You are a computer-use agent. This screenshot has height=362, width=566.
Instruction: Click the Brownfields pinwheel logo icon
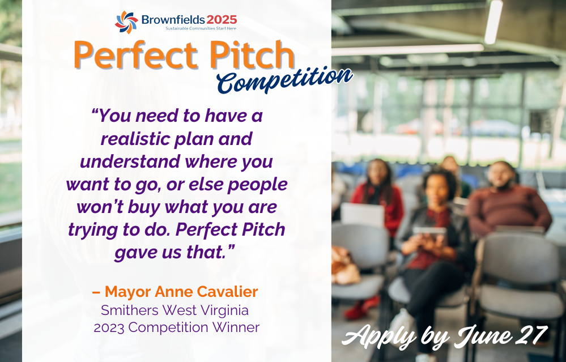(x=126, y=22)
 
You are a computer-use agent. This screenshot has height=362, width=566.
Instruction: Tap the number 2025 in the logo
(x=222, y=19)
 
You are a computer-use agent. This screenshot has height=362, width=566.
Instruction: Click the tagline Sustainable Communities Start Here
(x=201, y=28)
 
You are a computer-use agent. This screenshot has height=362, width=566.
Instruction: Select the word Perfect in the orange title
(x=136, y=55)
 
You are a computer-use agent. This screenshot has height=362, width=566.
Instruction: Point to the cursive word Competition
(x=284, y=80)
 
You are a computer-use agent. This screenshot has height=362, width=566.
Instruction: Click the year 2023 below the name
(x=109, y=327)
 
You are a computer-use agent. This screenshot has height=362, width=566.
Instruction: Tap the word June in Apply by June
(x=483, y=336)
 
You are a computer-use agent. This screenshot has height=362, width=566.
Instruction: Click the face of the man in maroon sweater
(x=501, y=175)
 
